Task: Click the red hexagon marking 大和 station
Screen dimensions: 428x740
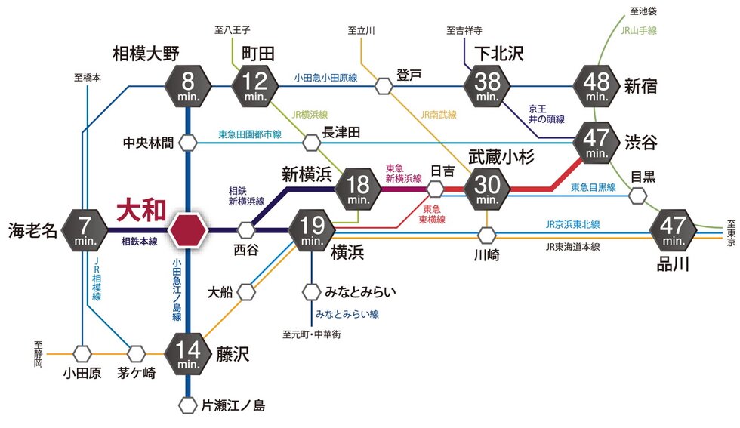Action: pos(187,229)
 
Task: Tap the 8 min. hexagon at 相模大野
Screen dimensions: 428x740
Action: pos(187,86)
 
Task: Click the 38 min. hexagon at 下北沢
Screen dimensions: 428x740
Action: pos(488,86)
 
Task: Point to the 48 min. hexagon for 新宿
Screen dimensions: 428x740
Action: pos(597,86)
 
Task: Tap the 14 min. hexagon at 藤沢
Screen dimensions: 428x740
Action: pos(187,353)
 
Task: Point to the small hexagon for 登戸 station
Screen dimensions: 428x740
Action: pos(384,86)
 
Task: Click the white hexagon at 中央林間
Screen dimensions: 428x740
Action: pos(187,141)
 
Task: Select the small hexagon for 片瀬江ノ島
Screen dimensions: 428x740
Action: pos(187,405)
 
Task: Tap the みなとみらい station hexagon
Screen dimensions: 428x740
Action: pos(312,291)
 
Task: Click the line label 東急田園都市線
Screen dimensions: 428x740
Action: pos(249,134)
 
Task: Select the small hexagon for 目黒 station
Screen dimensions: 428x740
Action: pos(639,196)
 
